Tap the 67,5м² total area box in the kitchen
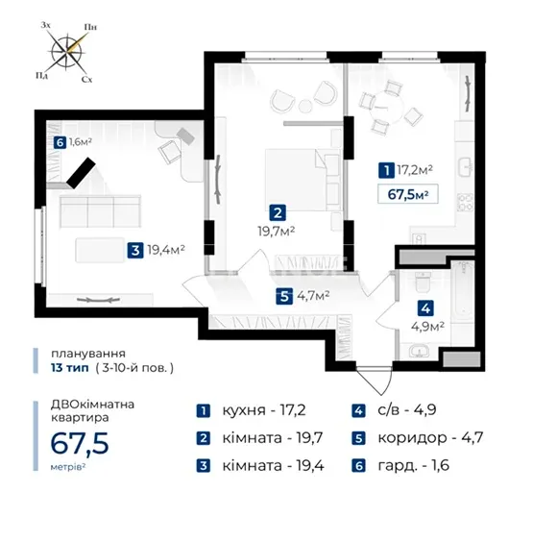pyautogui.click(x=408, y=194)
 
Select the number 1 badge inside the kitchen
pyautogui.click(x=386, y=170)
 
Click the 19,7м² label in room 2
pyautogui.click(x=277, y=232)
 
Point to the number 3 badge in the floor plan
pyautogui.click(x=135, y=250)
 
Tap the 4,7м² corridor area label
pyautogui.click(x=313, y=295)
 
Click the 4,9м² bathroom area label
pyautogui.click(x=427, y=326)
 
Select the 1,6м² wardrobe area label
pyautogui.click(x=81, y=142)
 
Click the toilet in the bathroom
pyautogui.click(x=423, y=281)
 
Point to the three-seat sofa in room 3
pyautogui.click(x=100, y=211)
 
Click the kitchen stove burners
pyautogui.click(x=465, y=203)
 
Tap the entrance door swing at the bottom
pyautogui.click(x=375, y=381)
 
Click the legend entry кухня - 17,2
pyautogui.click(x=251, y=410)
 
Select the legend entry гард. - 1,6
pyautogui.click(x=400, y=466)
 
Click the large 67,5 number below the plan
pyautogui.click(x=80, y=444)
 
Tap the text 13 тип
pyautogui.click(x=70, y=368)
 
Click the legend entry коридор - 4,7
pyautogui.click(x=418, y=438)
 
